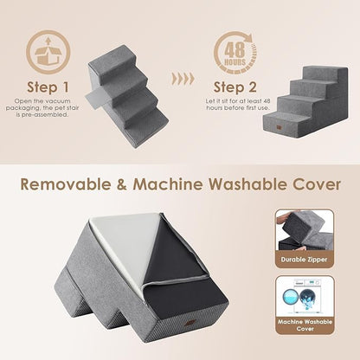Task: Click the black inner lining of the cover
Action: coord(186,260)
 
